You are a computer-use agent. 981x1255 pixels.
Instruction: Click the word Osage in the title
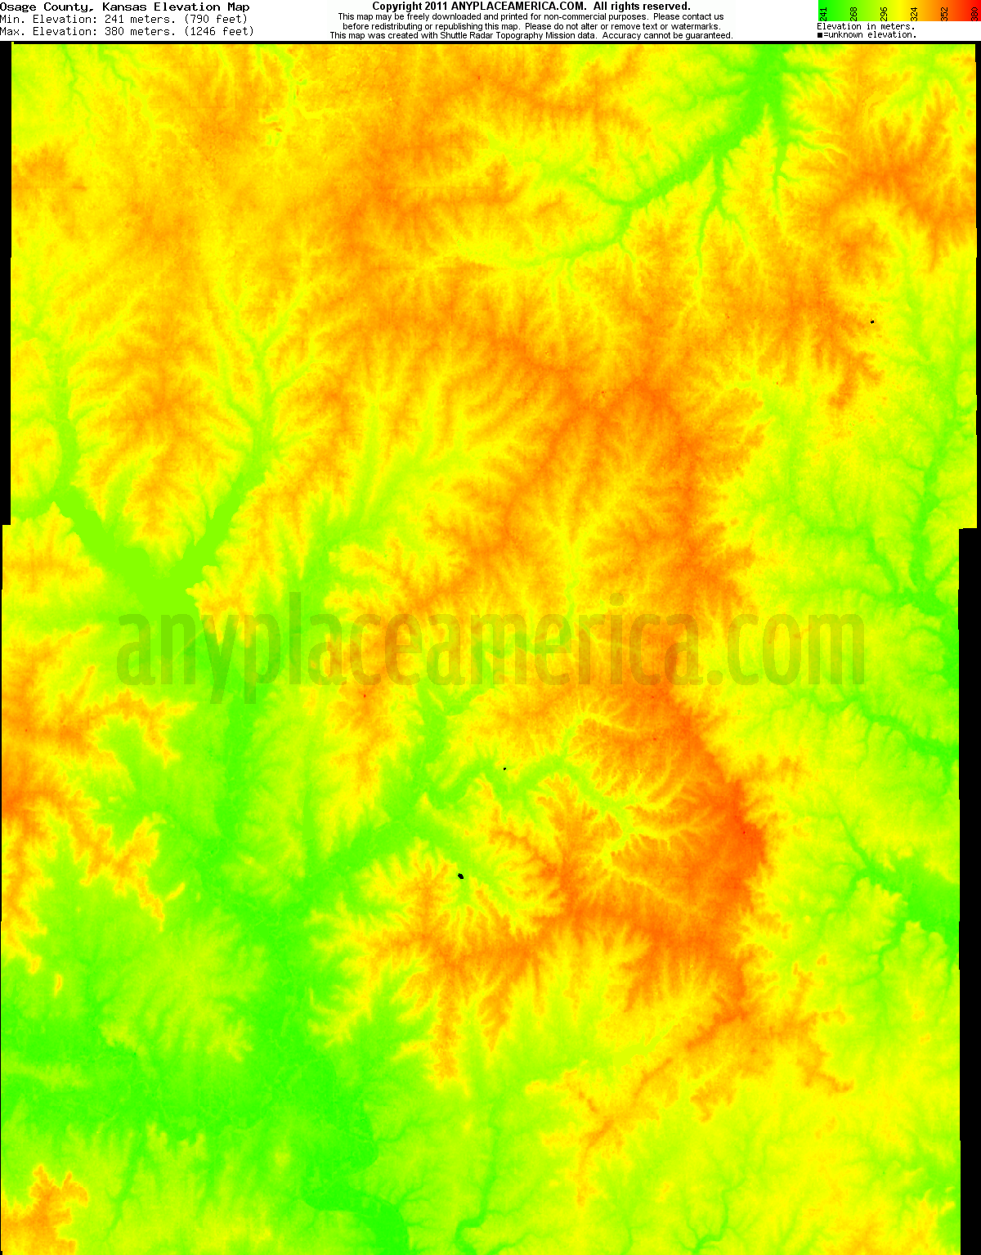click(x=18, y=7)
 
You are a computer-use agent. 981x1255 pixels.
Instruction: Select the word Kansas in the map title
click(x=124, y=7)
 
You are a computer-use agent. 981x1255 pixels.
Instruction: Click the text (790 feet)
click(x=216, y=19)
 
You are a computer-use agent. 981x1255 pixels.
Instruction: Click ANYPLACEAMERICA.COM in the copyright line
click(x=517, y=7)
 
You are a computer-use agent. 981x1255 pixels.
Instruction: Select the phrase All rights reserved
click(x=642, y=7)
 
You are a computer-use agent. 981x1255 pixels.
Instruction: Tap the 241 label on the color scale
click(x=823, y=13)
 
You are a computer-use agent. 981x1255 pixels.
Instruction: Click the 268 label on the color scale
click(x=853, y=13)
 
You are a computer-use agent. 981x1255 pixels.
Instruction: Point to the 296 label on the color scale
click(x=884, y=13)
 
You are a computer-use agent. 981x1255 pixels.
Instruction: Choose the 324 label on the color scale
click(x=914, y=13)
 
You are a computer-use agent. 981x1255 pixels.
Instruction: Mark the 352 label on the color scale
click(x=944, y=13)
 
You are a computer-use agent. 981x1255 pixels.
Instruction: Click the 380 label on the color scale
click(x=974, y=13)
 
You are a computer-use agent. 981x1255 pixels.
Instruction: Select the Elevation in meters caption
click(x=866, y=26)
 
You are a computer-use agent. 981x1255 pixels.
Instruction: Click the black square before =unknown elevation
click(x=819, y=35)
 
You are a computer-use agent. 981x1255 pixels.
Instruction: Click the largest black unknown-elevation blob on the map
click(x=461, y=876)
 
